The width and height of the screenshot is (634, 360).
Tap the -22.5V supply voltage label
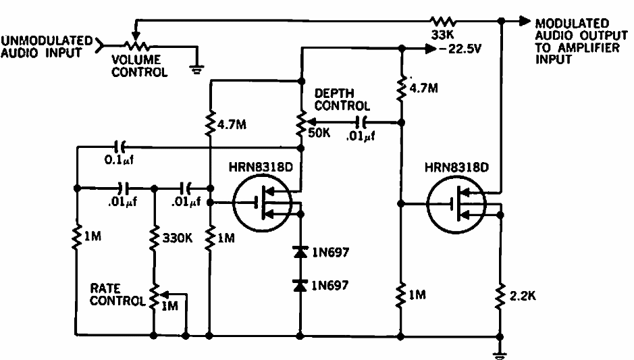click(460, 50)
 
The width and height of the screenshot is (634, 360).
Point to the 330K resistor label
click(178, 238)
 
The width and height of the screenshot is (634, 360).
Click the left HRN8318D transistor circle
click(263, 203)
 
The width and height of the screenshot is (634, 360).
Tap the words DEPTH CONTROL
click(343, 99)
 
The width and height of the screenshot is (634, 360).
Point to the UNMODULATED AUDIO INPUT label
click(46, 46)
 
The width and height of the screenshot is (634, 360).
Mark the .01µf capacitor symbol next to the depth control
click(363, 122)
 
